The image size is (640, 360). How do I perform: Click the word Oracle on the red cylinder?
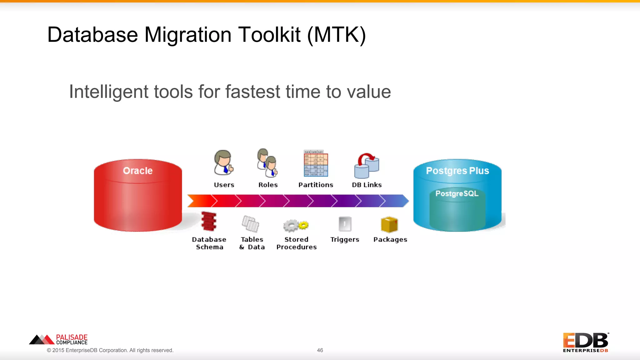(x=137, y=171)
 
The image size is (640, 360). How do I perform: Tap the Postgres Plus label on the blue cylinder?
(x=457, y=171)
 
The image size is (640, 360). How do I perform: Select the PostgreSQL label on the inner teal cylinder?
(x=457, y=193)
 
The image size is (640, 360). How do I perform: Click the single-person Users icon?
(x=223, y=162)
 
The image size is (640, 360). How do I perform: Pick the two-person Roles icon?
(x=267, y=162)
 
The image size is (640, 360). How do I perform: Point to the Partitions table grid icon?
(x=316, y=163)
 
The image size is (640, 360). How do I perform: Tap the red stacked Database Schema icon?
(x=209, y=221)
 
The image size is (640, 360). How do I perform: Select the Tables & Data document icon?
(x=251, y=224)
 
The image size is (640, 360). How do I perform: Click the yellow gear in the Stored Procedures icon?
(x=303, y=225)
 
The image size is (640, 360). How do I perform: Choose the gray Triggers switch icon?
(x=345, y=224)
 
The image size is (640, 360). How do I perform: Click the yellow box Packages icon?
(x=389, y=224)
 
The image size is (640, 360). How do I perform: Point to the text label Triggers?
(x=345, y=240)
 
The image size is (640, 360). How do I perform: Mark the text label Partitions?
(x=316, y=185)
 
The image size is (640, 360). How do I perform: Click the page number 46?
(x=320, y=350)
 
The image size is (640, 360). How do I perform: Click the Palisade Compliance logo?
(x=58, y=339)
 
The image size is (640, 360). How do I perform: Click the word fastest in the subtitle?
(x=253, y=92)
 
